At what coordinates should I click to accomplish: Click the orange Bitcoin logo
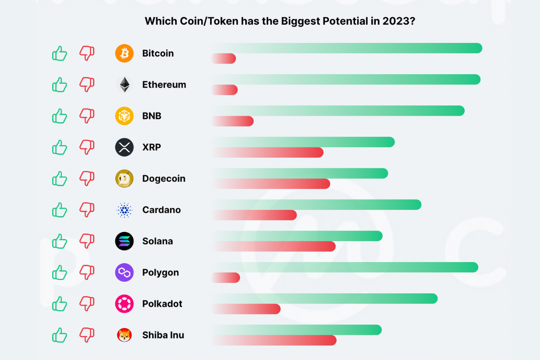pyautogui.click(x=125, y=54)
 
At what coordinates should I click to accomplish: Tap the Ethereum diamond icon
pyautogui.click(x=125, y=85)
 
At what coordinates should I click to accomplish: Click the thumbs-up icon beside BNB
pyautogui.click(x=59, y=116)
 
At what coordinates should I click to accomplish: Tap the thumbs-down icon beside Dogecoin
pyautogui.click(x=87, y=178)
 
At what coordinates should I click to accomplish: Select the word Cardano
pyautogui.click(x=162, y=210)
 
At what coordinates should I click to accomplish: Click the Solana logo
pyautogui.click(x=125, y=241)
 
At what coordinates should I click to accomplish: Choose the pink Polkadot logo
pyautogui.click(x=125, y=304)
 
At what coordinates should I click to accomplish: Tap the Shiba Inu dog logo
pyautogui.click(x=125, y=335)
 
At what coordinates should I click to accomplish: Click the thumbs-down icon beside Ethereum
pyautogui.click(x=87, y=84)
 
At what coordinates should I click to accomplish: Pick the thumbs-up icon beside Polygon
pyautogui.click(x=59, y=273)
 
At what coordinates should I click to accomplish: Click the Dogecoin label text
pyautogui.click(x=164, y=179)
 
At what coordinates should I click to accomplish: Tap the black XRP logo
pyautogui.click(x=125, y=147)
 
